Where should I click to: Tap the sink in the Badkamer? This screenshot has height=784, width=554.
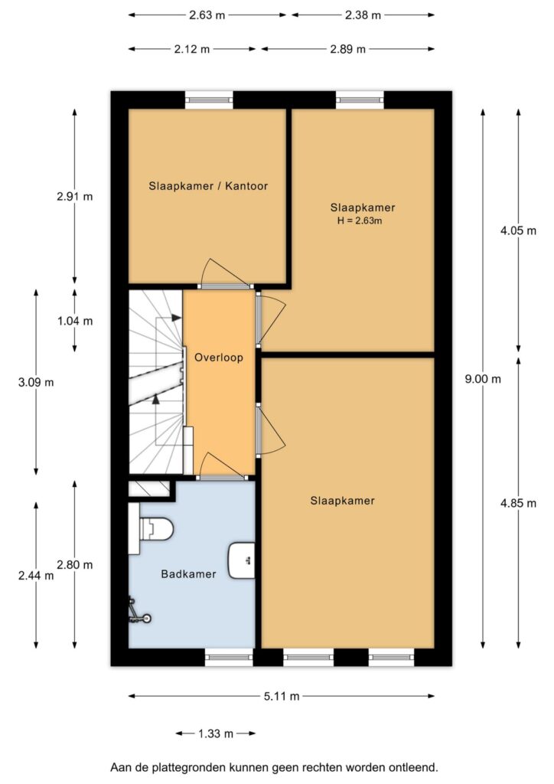coord(243,559)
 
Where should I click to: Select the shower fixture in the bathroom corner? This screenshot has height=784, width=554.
coord(138,612)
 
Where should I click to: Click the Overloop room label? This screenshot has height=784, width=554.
coord(219,358)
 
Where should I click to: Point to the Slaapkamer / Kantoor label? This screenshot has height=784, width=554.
coord(208,185)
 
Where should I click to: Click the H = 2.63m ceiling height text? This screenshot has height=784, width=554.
coord(360,220)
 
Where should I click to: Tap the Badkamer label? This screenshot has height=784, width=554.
coord(188,573)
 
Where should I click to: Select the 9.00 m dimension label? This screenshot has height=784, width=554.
coord(484,378)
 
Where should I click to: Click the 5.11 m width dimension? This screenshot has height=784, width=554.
coord(282,696)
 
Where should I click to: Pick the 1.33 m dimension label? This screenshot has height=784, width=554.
coord(215,733)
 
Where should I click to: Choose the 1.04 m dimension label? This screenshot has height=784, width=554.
coord(74,321)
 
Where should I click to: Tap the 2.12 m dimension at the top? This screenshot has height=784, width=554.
coord(192,49)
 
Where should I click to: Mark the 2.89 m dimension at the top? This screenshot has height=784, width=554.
coord(347,49)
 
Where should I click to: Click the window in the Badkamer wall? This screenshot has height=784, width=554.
coord(229,655)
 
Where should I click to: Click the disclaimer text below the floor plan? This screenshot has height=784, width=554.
coord(274,766)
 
